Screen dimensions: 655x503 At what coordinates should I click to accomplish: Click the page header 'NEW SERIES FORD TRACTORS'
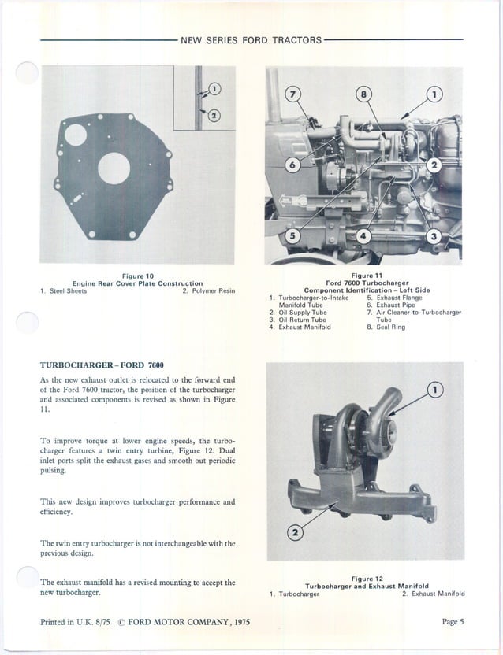click(x=251, y=40)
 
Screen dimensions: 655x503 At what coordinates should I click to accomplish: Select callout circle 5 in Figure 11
click(x=292, y=236)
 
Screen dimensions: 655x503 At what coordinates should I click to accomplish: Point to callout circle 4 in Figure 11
click(x=363, y=236)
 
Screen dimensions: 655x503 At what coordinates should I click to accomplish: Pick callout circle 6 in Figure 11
click(x=293, y=165)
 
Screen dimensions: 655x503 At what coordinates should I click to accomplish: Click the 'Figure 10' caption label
click(x=137, y=276)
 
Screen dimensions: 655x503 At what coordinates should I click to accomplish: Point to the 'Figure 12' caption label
click(x=367, y=579)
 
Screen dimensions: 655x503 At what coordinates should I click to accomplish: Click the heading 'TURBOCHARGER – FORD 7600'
click(x=102, y=365)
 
